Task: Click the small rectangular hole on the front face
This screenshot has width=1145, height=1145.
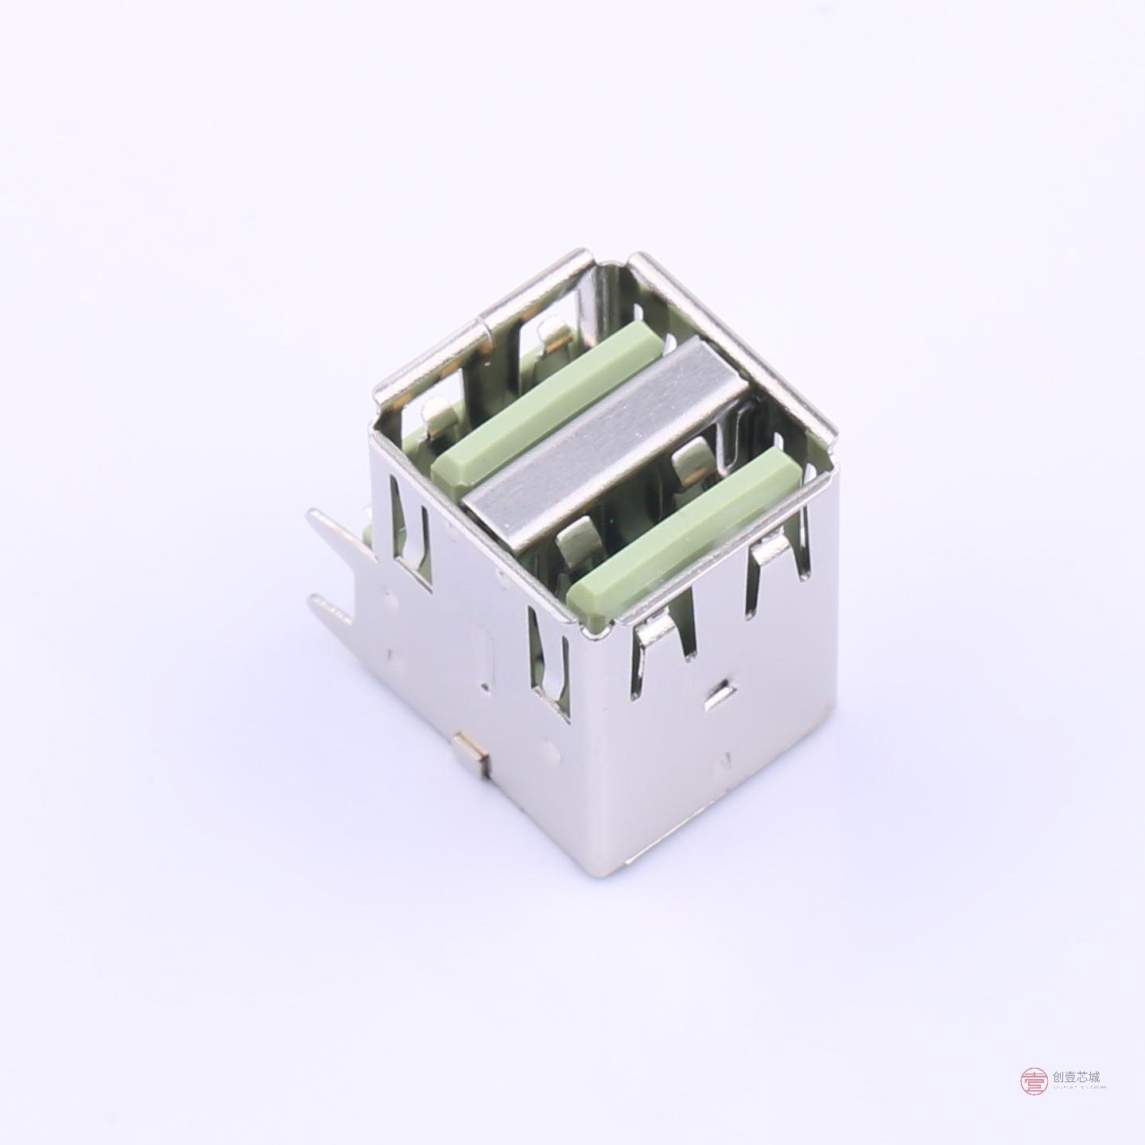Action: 719,694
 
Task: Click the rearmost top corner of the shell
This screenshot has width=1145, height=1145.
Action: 636,257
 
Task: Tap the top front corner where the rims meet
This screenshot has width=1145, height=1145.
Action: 590,633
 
